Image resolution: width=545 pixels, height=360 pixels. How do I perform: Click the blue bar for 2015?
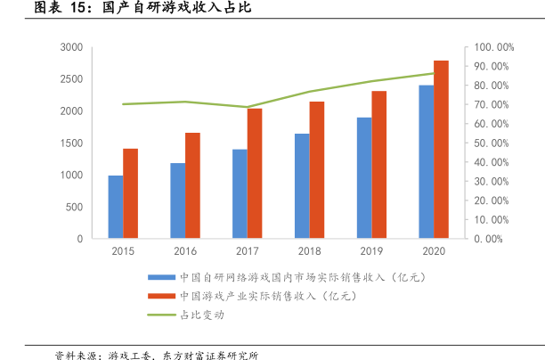[x=116, y=207]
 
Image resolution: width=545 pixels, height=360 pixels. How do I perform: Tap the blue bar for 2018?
[x=302, y=186]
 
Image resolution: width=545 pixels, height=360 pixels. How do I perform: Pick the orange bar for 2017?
[x=255, y=174]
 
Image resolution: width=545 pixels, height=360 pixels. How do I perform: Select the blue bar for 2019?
[x=364, y=178]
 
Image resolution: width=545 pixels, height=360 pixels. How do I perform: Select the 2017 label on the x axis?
[x=248, y=252]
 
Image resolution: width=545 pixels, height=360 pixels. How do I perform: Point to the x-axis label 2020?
[x=434, y=252]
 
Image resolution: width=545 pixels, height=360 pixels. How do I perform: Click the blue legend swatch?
[x=160, y=277]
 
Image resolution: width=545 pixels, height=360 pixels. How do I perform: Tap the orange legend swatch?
[x=160, y=296]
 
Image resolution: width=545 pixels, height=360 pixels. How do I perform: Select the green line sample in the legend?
[x=160, y=315]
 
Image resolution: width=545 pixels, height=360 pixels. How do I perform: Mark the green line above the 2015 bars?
[x=123, y=104]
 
